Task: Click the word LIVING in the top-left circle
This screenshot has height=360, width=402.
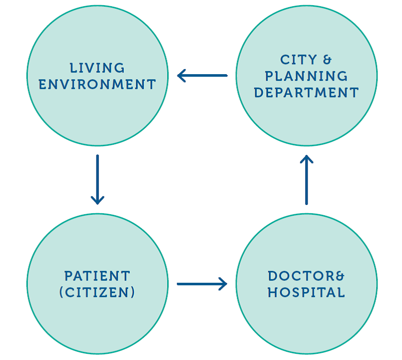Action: click(97, 67)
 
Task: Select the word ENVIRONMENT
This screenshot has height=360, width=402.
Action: click(97, 84)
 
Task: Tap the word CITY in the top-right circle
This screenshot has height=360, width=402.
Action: click(298, 60)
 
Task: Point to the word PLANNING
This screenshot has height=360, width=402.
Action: click(306, 76)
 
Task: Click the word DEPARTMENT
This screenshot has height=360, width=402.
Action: click(306, 93)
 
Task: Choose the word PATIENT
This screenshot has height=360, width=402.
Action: click(97, 276)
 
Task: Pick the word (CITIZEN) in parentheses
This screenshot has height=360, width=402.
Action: click(97, 293)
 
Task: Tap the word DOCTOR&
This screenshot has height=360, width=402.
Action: click(306, 276)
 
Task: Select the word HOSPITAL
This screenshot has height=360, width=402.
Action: click(306, 293)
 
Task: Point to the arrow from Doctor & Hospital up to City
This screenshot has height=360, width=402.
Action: click(307, 180)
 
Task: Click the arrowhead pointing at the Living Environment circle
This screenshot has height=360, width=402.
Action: click(181, 76)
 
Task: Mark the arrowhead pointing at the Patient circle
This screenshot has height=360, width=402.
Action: click(97, 199)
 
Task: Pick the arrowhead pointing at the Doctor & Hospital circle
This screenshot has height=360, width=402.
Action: click(223, 284)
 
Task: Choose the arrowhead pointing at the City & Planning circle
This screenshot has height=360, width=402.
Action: click(307, 159)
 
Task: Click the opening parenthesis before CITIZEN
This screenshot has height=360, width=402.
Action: click(61, 293)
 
